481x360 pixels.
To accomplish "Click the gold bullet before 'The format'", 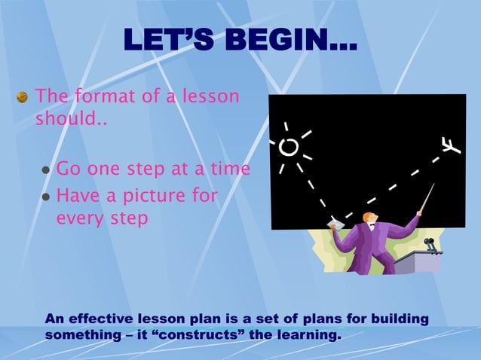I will click(23, 97).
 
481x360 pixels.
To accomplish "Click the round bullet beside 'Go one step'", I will click(46, 170).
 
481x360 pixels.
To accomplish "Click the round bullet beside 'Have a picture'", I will click(46, 197).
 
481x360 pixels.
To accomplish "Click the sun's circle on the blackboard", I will click(288, 147).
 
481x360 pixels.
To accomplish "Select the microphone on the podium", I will click(429, 244).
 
